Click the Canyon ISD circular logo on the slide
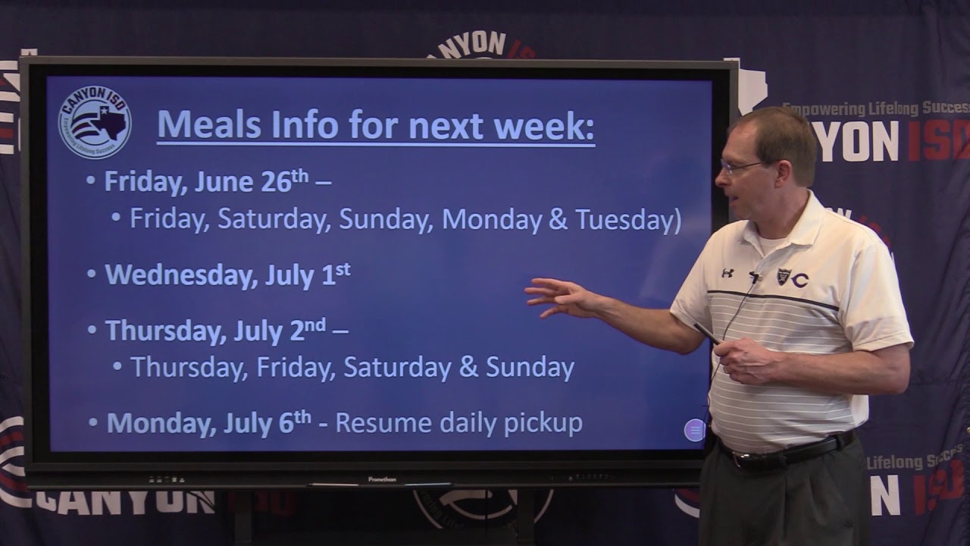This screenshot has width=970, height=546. pos(95,122)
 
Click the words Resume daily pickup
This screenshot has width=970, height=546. pos(458,423)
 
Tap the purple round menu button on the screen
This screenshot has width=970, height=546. pos(694,430)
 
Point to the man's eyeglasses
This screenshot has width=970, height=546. pos(739,166)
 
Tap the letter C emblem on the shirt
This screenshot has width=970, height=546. pos(799,280)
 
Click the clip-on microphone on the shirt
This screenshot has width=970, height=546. pos(755,278)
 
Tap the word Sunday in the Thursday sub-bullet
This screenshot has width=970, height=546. pos(530,368)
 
